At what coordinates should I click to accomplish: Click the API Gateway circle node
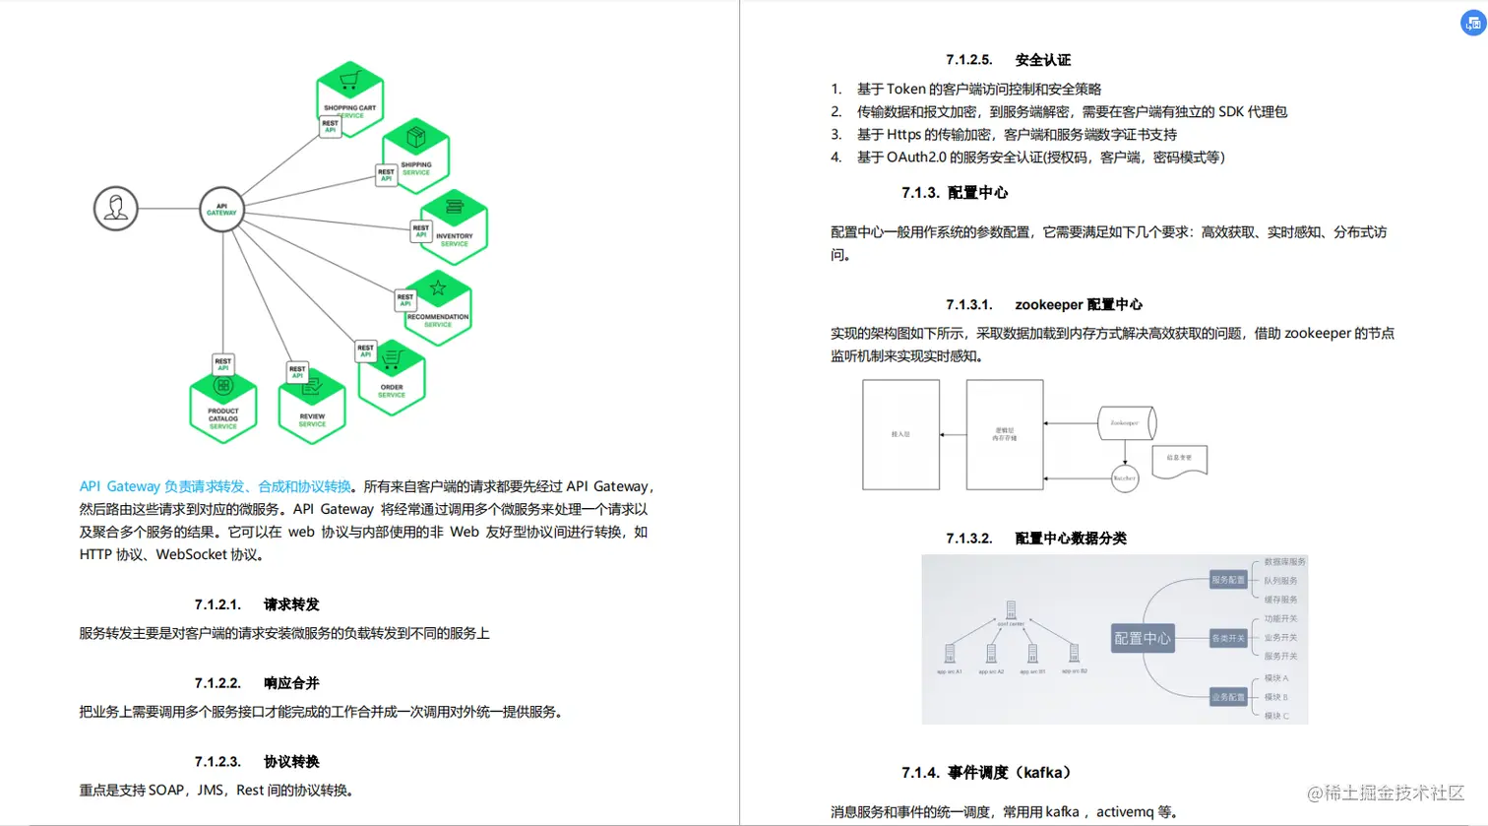tap(221, 209)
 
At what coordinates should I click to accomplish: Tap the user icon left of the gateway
tap(116, 209)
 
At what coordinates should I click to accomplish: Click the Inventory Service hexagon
tap(454, 226)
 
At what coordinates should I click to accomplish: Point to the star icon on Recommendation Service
tap(438, 288)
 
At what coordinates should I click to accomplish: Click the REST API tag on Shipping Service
tap(387, 175)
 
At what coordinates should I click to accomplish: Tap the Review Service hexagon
tap(312, 408)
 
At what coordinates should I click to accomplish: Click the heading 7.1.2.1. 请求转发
tap(257, 604)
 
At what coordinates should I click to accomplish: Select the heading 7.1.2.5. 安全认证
tap(1008, 60)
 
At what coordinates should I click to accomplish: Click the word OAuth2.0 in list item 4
tap(916, 158)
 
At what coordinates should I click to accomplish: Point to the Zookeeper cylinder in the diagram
tap(1126, 423)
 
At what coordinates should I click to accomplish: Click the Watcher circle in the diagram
tap(1125, 478)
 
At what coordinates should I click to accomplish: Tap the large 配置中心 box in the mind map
tap(1143, 639)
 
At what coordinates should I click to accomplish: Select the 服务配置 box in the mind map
tap(1228, 580)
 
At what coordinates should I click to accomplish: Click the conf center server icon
tap(1011, 610)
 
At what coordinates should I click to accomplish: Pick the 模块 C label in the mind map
tap(1276, 716)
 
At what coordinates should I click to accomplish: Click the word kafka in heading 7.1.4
tap(1042, 773)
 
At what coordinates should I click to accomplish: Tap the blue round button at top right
tap(1472, 23)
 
